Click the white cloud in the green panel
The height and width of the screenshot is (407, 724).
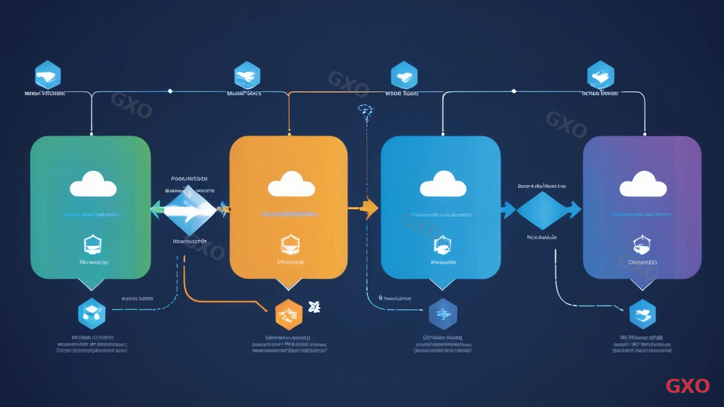coord(93,187)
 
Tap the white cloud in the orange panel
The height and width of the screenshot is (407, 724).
coord(291,184)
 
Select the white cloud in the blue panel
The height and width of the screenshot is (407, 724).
coord(443,186)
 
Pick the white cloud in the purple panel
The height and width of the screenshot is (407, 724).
coord(643,186)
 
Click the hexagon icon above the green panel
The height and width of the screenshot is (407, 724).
coord(48,75)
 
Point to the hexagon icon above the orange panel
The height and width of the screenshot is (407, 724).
coord(247,75)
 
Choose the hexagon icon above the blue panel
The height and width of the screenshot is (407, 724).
coord(404,75)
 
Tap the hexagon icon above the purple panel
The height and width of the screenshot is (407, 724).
coord(600,75)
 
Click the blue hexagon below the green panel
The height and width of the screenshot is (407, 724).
coord(92,313)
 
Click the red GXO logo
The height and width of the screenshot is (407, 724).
coord(687,386)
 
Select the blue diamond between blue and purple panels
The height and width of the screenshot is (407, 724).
coord(543,210)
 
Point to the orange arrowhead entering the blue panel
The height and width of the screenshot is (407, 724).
coord(369,208)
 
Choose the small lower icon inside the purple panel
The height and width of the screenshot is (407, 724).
coord(642,244)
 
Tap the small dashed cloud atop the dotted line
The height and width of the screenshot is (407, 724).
coord(366,109)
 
